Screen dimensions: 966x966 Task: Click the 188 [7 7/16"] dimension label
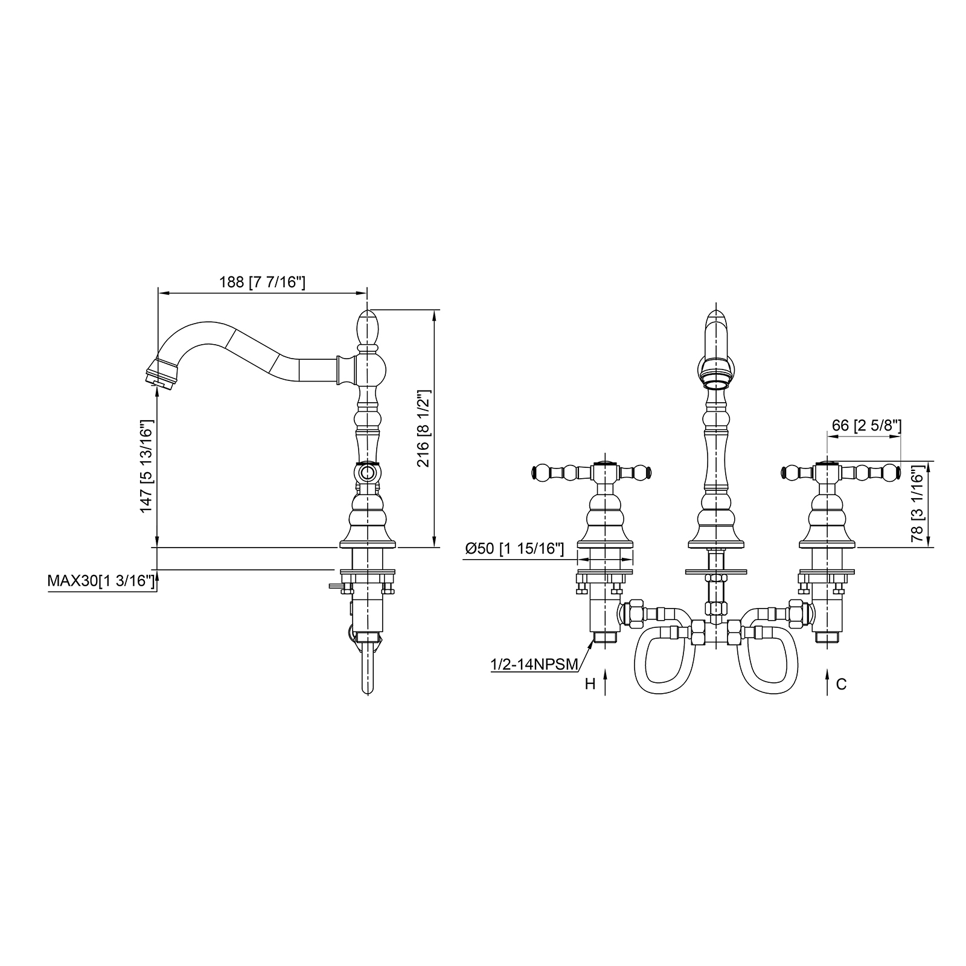tap(262, 282)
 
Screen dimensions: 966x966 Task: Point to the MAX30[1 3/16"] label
tap(101, 581)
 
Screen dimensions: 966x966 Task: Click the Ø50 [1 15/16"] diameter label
tap(514, 548)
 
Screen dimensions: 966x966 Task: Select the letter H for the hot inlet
tap(590, 683)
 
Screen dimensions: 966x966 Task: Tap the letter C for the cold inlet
tap(842, 683)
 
